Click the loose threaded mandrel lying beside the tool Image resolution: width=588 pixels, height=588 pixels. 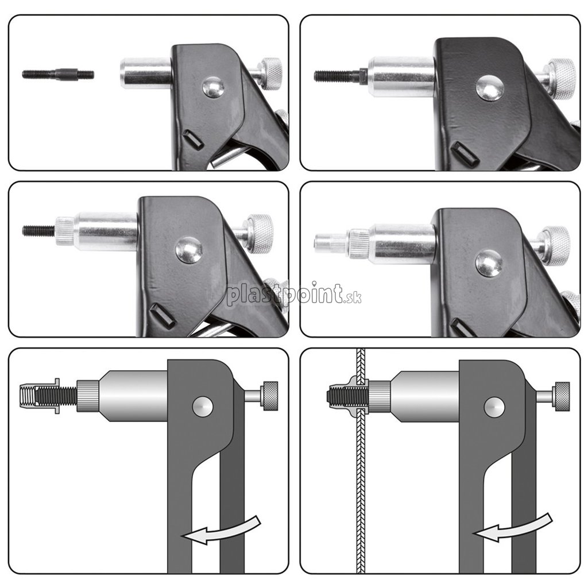(x=58, y=74)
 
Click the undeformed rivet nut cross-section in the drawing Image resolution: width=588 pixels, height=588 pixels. (x=40, y=396)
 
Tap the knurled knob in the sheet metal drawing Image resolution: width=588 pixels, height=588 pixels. (x=563, y=396)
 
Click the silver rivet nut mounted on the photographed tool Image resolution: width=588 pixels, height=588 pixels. (x=331, y=243)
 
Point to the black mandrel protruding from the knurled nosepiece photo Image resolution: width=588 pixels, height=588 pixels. (x=39, y=231)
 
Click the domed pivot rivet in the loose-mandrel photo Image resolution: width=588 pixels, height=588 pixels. (x=214, y=87)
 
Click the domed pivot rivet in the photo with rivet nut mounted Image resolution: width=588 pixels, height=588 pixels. (x=489, y=263)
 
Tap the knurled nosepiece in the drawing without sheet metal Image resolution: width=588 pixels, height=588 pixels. (x=88, y=396)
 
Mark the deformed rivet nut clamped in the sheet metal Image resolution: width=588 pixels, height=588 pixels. (x=347, y=396)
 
